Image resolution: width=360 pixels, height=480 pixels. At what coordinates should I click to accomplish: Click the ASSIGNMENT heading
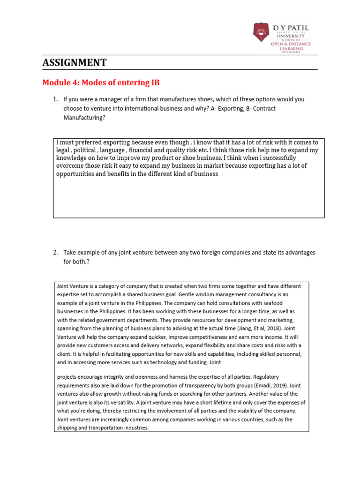click(x=75, y=63)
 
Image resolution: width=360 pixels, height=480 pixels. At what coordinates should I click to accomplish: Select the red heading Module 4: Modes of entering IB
click(x=101, y=83)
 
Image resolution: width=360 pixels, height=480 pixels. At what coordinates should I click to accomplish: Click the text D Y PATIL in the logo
click(x=291, y=28)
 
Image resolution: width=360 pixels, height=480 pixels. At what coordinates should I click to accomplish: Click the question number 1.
click(x=55, y=99)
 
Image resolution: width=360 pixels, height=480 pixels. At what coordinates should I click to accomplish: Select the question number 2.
click(x=55, y=253)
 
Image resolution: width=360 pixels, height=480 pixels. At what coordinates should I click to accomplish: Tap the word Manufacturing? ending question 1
click(x=84, y=118)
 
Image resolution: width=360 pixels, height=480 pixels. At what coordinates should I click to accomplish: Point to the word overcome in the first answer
click(x=70, y=166)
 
